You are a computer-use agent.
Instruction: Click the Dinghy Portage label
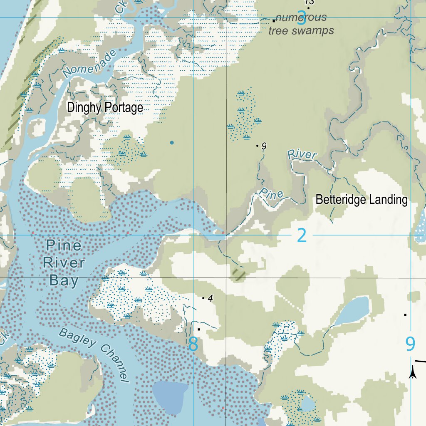[105, 108]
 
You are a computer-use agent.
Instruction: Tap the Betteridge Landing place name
[362, 200]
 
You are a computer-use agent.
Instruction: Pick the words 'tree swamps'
[301, 30]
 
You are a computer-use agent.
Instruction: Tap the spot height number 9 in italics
[264, 146]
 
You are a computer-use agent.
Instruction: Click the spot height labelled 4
[210, 298]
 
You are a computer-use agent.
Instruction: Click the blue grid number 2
[302, 236]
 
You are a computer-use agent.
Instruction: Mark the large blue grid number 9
[410, 344]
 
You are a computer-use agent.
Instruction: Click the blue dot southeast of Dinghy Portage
[172, 143]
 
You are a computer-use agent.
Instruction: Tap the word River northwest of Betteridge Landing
[302, 155]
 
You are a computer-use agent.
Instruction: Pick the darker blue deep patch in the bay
[170, 395]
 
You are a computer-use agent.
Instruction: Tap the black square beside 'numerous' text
[274, 20]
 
